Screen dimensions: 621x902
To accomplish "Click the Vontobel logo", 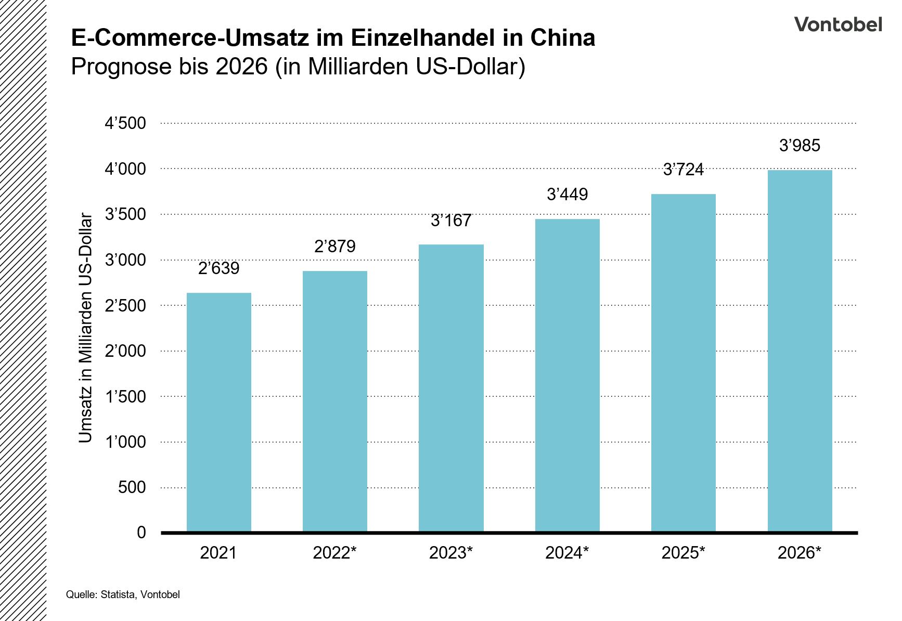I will [x=837, y=24].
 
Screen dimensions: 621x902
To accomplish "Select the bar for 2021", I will [x=218, y=412].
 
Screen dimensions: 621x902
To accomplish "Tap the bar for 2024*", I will [x=567, y=376].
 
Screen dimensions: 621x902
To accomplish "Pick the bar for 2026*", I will [x=800, y=351].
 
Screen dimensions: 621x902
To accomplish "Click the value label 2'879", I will [x=334, y=246].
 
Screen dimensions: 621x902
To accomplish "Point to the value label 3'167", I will [x=450, y=221].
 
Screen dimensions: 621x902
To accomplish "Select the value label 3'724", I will [x=683, y=170].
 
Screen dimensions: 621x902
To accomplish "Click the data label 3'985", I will [x=800, y=146].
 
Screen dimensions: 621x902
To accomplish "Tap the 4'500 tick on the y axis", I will [x=125, y=123].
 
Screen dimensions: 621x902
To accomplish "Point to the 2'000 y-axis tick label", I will [x=125, y=351].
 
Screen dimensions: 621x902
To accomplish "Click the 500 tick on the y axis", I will [x=132, y=487].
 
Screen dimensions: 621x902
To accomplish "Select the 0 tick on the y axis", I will [x=141, y=533].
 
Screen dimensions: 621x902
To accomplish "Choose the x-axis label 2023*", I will [x=450, y=553].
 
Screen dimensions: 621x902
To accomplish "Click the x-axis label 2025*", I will [x=683, y=553].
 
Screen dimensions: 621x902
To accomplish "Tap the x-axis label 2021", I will [x=218, y=553].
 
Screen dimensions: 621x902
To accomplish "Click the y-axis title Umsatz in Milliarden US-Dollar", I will [x=85, y=328].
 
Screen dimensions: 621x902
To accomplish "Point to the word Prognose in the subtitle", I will [x=121, y=67].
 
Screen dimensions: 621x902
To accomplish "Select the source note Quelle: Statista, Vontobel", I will [x=123, y=594].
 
